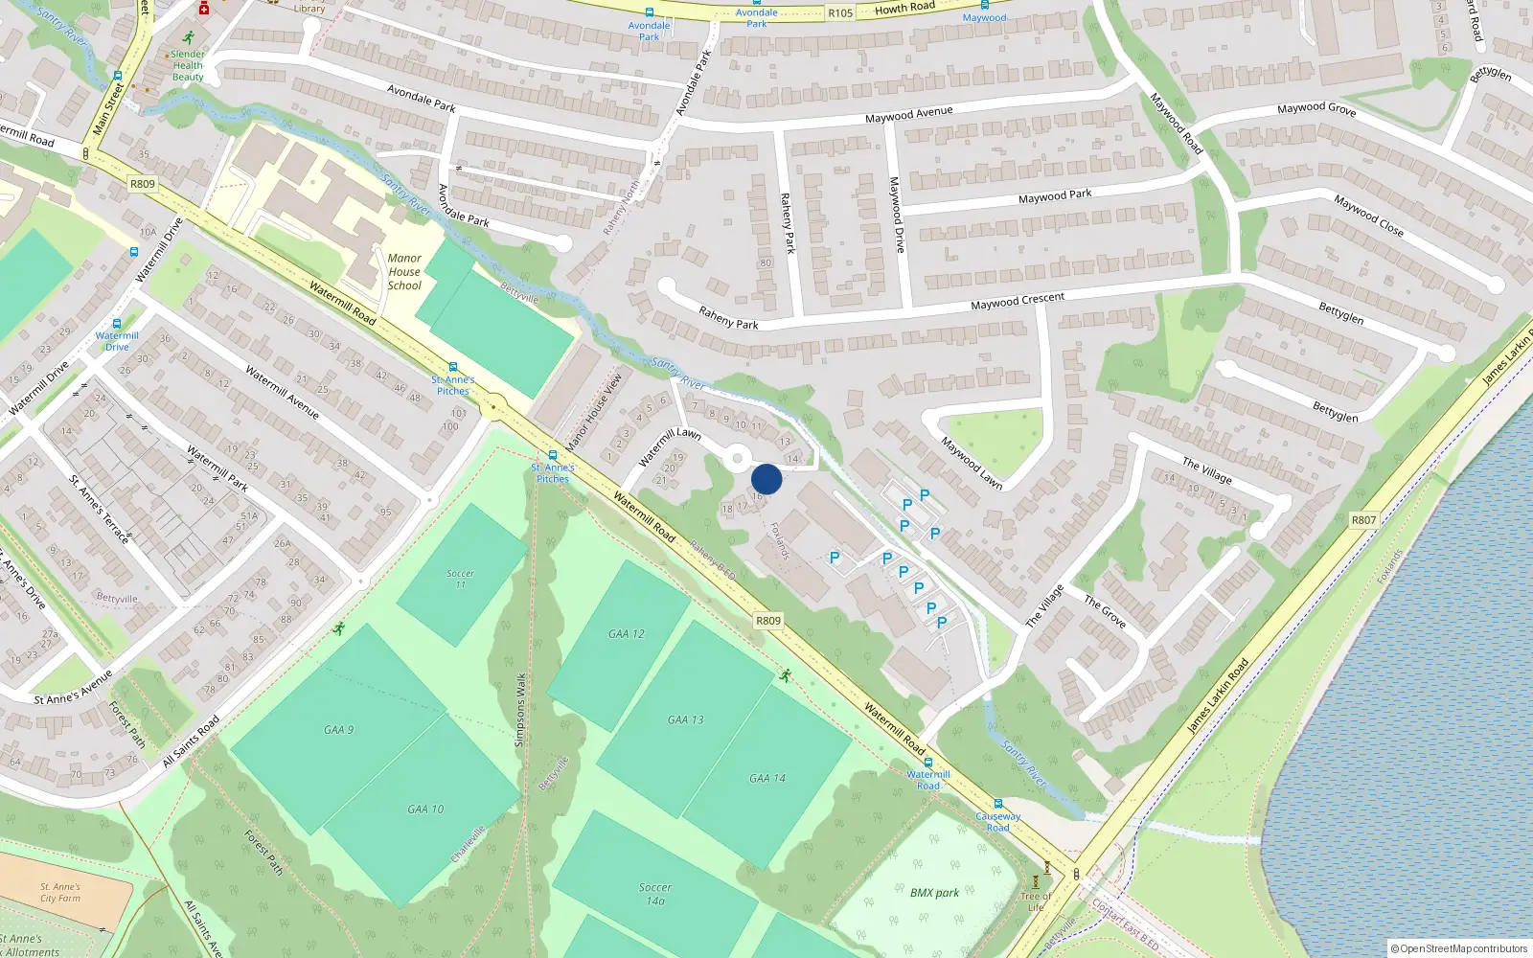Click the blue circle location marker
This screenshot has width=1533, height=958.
point(766,479)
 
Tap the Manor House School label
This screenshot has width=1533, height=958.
point(404,272)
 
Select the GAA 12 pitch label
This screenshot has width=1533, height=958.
point(626,634)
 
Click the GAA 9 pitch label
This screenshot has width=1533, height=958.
point(338,730)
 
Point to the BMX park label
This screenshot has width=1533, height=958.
point(934,893)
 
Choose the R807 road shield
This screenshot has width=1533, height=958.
point(1363,520)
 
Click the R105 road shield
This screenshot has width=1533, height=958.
point(840,13)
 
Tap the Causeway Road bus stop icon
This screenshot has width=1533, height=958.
point(997,805)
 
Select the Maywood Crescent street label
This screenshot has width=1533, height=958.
point(1017,301)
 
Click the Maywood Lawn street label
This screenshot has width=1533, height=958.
point(972,464)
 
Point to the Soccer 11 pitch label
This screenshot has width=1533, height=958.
point(460,579)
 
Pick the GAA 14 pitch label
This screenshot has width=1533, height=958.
point(766,779)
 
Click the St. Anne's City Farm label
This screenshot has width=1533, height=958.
point(60,893)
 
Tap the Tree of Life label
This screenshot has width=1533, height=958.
point(1036,901)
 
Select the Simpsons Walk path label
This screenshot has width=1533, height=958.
point(520,710)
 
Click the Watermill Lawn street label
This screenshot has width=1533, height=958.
point(670,446)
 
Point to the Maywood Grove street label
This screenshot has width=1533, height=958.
point(1316,109)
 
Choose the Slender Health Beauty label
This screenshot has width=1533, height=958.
point(188,65)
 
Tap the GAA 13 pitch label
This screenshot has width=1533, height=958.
point(685,719)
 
